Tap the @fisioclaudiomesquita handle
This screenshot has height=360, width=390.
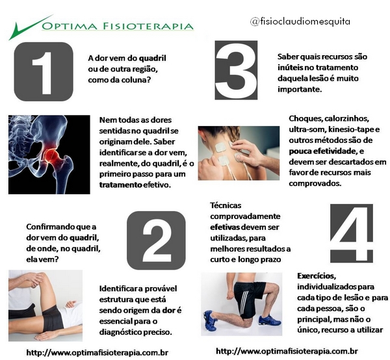click(300, 21)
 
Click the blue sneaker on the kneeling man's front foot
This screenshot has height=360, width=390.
click(268, 320)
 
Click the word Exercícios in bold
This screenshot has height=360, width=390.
click(317, 276)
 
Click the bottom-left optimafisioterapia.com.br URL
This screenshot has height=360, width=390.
click(97, 352)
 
